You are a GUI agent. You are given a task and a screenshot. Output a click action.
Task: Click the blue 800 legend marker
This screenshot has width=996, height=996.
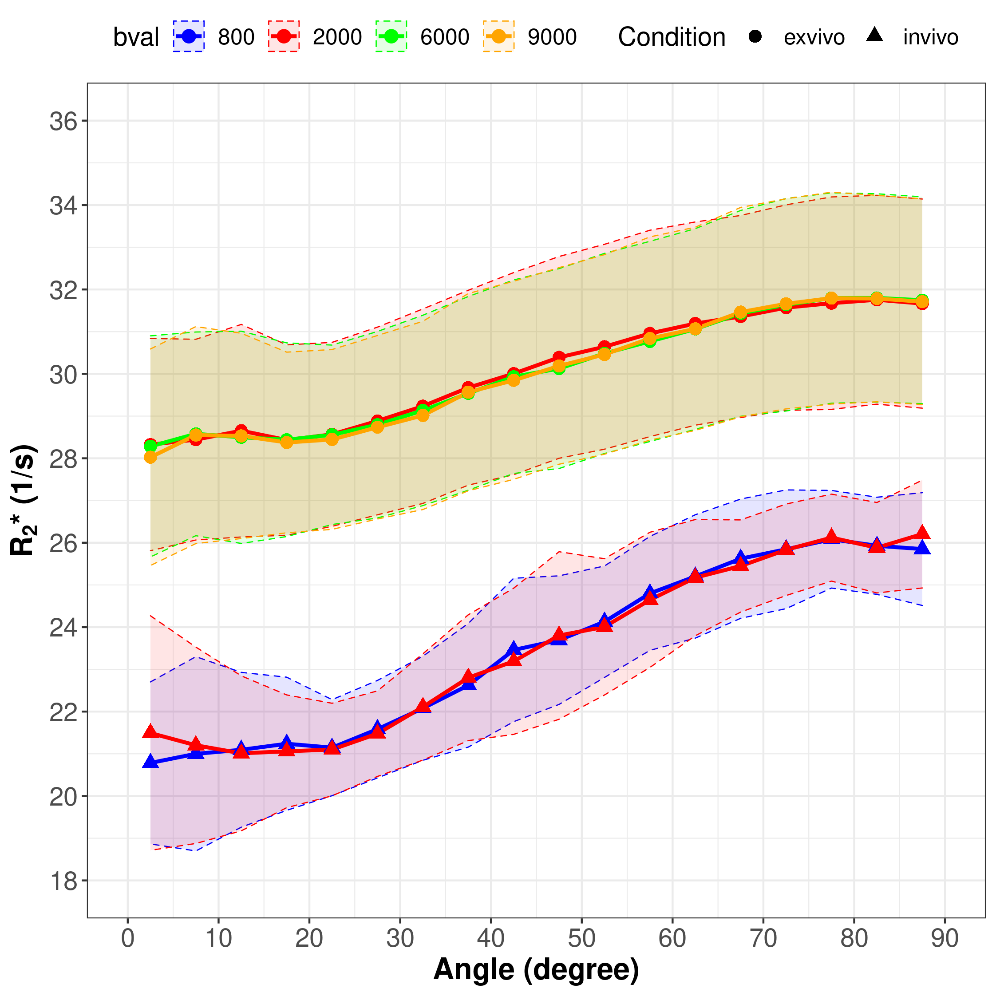189,36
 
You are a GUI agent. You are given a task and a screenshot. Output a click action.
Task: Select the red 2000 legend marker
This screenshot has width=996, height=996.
284,36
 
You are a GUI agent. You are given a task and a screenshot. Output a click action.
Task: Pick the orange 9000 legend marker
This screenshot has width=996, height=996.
498,36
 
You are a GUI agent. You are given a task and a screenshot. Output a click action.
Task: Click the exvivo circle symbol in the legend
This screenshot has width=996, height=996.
755,36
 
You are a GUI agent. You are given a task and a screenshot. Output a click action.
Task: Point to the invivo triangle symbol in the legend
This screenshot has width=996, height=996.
875,35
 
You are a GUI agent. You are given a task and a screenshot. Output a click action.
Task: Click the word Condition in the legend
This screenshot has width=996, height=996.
671,37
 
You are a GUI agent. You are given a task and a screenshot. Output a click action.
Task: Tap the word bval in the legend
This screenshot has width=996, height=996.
135,37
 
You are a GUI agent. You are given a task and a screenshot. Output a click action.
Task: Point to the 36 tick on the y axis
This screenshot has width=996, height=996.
63,121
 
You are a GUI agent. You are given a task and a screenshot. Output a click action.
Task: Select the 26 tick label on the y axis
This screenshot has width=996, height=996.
63,543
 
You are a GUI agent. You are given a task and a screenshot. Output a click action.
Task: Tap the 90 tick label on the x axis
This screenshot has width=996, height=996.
945,938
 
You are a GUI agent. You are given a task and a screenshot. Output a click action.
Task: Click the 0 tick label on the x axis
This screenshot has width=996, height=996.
127,938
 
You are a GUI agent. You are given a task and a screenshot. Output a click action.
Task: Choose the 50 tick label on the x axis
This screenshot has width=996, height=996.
581,938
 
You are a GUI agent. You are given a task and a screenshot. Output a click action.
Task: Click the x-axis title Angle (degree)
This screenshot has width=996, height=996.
536,970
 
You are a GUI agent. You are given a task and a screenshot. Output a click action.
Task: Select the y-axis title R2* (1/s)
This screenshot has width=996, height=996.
23,500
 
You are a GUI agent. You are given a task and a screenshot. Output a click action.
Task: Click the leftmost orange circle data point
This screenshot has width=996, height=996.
150,457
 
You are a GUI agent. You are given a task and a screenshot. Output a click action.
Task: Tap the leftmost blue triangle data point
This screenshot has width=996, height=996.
150,762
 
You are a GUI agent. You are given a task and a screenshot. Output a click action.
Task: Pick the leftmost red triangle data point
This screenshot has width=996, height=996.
150,731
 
